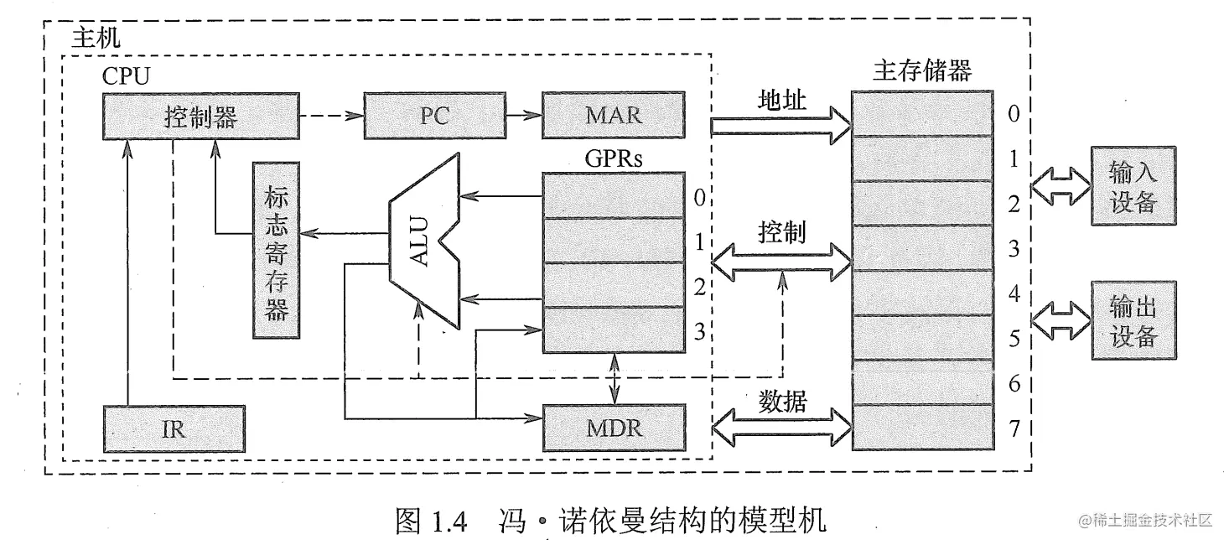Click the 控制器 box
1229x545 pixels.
(200, 116)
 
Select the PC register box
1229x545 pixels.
(434, 116)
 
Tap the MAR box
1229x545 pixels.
(613, 116)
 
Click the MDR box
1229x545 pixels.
(613, 428)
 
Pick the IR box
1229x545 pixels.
(174, 428)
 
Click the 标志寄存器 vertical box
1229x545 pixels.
(277, 250)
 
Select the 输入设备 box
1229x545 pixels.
(1133, 186)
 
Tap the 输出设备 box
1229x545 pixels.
(1133, 320)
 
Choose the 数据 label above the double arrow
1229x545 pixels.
(782, 402)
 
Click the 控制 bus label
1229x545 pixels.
(782, 231)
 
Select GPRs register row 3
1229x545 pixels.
(613, 330)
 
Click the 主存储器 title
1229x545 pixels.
(921, 70)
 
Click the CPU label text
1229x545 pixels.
(126, 76)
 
